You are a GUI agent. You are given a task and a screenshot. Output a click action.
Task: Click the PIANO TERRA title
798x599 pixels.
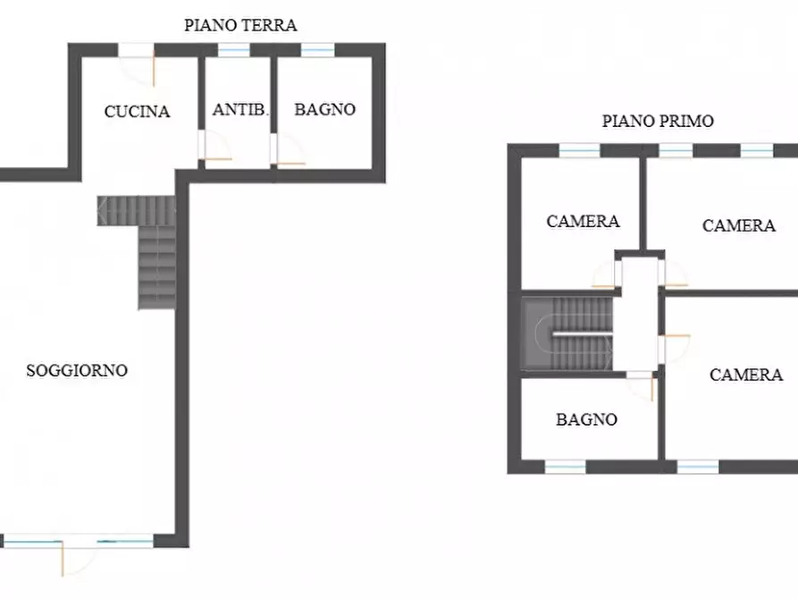click(x=240, y=25)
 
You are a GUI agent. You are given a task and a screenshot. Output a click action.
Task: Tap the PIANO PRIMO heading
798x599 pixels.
click(x=658, y=122)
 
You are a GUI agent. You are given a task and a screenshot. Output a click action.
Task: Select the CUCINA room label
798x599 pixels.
click(x=137, y=112)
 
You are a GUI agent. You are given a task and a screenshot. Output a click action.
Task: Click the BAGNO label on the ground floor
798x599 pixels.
click(x=325, y=110)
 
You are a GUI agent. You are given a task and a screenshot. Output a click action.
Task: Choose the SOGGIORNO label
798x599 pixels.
click(x=77, y=370)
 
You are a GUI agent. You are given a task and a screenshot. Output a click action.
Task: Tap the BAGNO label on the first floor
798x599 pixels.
click(x=586, y=418)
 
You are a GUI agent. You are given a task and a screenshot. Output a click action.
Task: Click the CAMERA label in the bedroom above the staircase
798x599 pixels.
click(x=583, y=221)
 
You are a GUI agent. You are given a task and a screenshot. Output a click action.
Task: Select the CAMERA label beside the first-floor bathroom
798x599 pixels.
click(x=745, y=375)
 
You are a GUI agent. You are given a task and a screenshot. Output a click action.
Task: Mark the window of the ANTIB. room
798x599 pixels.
click(x=234, y=50)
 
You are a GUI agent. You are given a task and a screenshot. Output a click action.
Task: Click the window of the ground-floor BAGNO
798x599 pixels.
click(x=317, y=50)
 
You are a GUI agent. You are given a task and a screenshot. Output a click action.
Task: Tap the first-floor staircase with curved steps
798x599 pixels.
click(x=567, y=333)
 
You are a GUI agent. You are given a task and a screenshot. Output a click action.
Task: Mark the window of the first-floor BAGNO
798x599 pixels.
click(x=566, y=467)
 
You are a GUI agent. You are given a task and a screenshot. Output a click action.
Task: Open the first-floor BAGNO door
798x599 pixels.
click(x=642, y=385)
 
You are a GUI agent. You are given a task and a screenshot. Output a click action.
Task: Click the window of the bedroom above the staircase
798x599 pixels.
click(x=579, y=150)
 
